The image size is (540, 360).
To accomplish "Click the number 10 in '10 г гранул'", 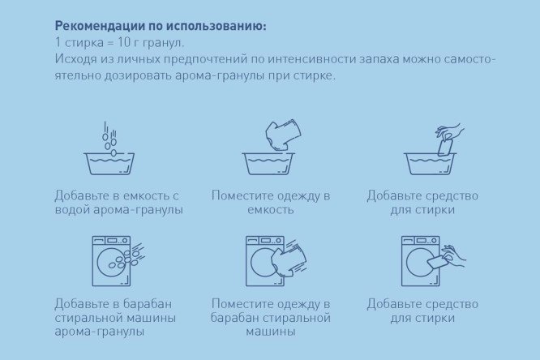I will [x=122, y=42].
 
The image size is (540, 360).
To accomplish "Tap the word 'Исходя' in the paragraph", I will [x=75, y=59].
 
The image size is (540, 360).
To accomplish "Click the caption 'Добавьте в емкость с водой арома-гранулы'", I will [x=118, y=203].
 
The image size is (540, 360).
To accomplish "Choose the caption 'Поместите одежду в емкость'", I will [x=270, y=203].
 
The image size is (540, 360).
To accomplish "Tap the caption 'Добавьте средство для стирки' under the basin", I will [x=422, y=203].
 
